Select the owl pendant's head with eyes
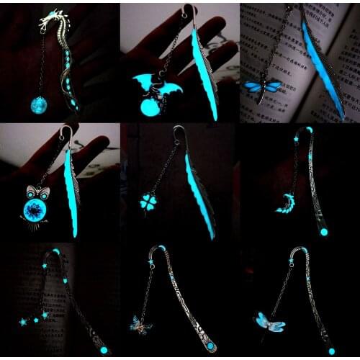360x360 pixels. [36, 194]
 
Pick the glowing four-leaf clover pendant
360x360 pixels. [149, 202]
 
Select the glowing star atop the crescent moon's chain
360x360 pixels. [294, 137]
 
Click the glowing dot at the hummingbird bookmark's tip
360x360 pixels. [332, 351]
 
